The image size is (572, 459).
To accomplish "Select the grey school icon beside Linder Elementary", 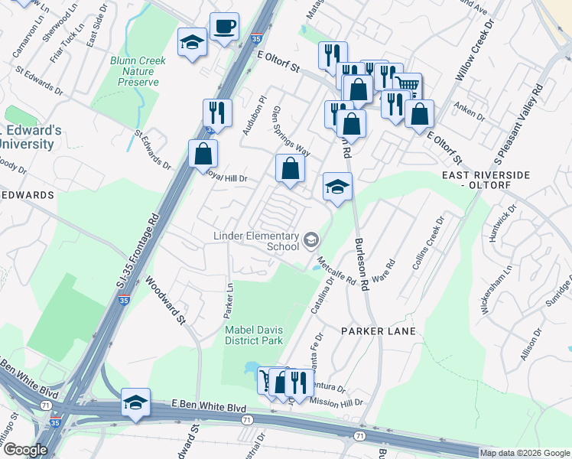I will coord(310,241).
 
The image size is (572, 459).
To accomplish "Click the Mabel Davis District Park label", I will coord(254,335).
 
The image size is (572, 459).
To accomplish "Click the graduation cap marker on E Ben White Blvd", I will coord(135,402).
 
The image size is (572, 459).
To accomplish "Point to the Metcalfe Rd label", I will coord(338,271).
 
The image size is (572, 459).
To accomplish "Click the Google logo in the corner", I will coord(25,450).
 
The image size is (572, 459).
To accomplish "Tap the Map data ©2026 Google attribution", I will coord(525,453).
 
